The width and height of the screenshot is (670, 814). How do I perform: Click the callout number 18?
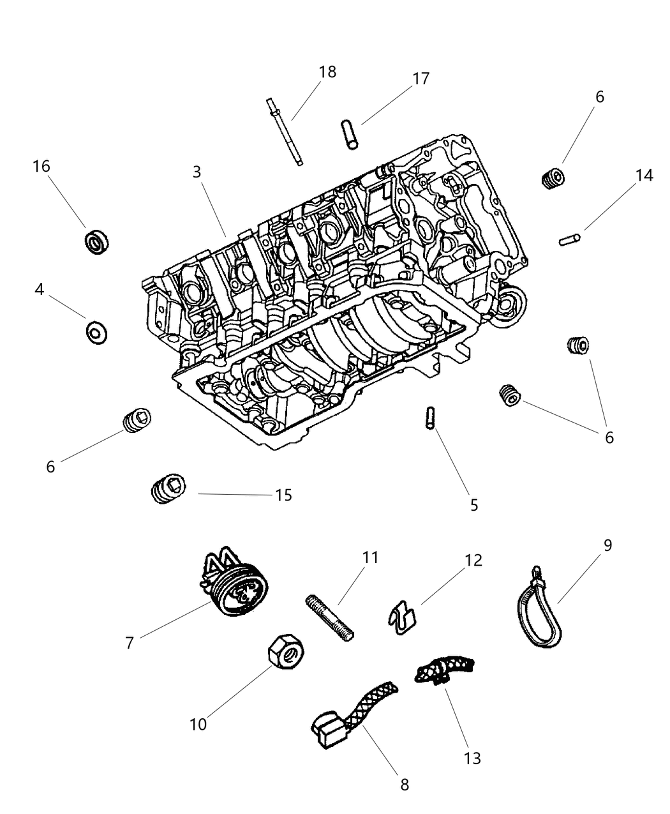[327, 72]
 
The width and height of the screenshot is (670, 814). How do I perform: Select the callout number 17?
[421, 79]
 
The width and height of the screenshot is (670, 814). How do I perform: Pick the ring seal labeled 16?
[97, 241]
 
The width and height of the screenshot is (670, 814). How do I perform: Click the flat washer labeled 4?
[97, 331]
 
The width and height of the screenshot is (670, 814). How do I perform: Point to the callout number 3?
[197, 172]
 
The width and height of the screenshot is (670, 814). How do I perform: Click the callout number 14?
[644, 176]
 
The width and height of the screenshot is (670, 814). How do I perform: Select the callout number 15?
[283, 495]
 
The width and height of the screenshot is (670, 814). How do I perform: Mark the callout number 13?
[472, 758]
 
